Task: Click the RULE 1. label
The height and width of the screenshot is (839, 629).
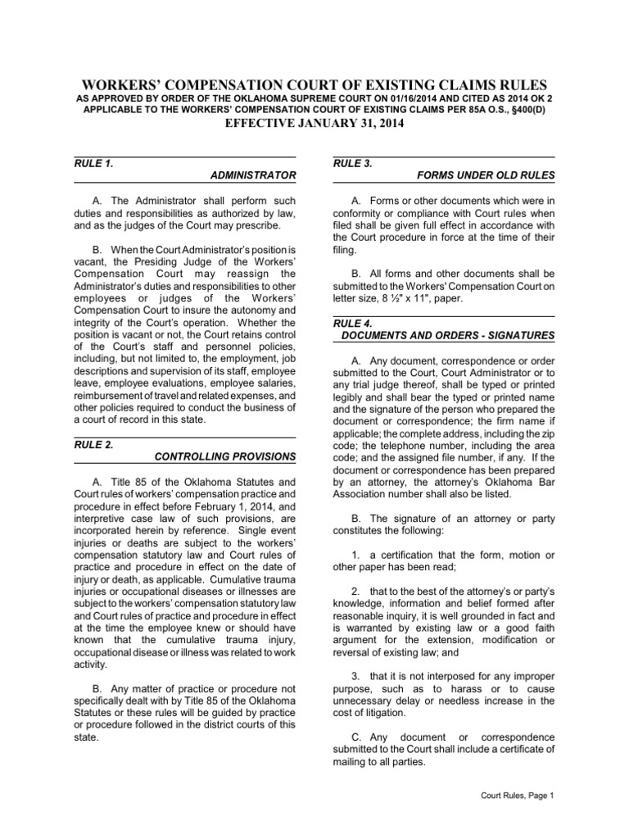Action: coord(92,163)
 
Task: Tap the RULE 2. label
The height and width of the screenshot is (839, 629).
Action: coord(92,443)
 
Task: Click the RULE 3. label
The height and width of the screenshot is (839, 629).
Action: coord(352,163)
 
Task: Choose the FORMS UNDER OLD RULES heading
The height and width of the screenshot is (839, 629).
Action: coord(486,175)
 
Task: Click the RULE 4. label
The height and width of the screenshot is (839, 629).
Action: coord(352,323)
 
